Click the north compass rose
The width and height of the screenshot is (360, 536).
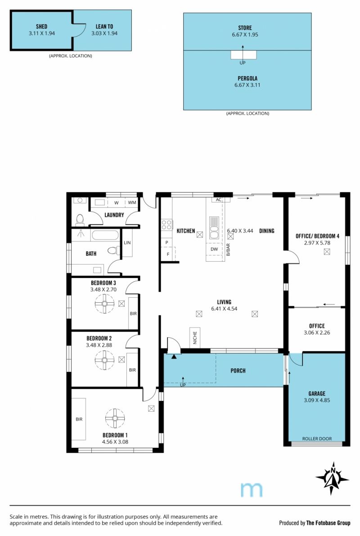pyautogui.click(x=332, y=478)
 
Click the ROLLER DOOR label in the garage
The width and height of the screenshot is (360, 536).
pyautogui.click(x=317, y=439)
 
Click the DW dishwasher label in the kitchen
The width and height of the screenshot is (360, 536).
pyautogui.click(x=214, y=249)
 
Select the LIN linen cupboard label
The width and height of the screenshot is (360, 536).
pyautogui.click(x=127, y=243)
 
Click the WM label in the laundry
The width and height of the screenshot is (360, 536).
pyautogui.click(x=132, y=202)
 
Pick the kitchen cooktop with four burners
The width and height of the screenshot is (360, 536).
pyautogui.click(x=166, y=225)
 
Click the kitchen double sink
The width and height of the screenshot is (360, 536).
pyautogui.click(x=214, y=227)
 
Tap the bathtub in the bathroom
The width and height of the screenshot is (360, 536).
pyautogui.click(x=105, y=235)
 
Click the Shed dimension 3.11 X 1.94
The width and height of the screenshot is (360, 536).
pyautogui.click(x=42, y=33)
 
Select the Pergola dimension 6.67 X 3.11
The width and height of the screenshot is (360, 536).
pyautogui.click(x=247, y=85)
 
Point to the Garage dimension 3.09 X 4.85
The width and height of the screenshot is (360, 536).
pyautogui.click(x=317, y=400)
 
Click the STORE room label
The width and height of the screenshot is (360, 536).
pyautogui.click(x=245, y=27)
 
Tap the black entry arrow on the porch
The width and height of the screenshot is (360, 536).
pyautogui.click(x=174, y=357)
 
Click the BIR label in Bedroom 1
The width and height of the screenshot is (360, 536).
pyautogui.click(x=79, y=419)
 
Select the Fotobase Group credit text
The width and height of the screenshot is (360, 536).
pyautogui.click(x=315, y=522)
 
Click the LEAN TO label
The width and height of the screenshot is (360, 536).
pyautogui.click(x=104, y=26)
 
